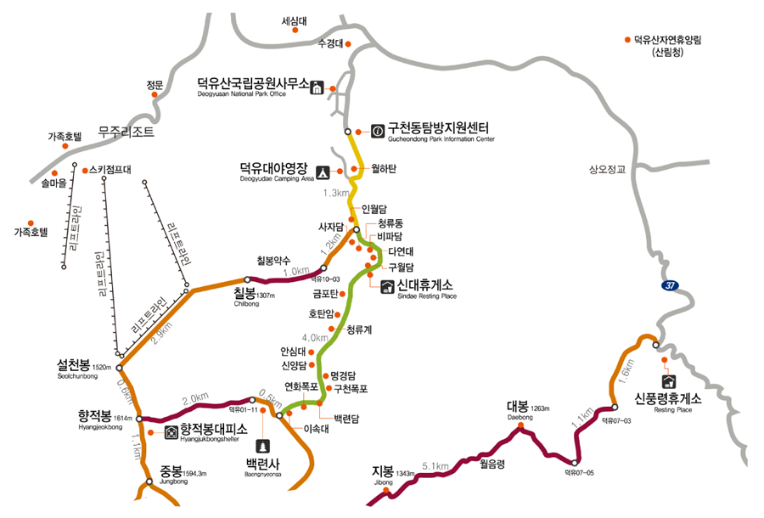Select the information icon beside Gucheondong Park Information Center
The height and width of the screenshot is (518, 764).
pos(377,131)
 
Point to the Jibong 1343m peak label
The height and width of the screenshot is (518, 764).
pos(388,473)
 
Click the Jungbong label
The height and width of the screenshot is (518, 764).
pos(177,471)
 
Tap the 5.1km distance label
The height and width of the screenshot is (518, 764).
pos(434,465)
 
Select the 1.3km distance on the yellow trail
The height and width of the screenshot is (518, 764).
pos(337,194)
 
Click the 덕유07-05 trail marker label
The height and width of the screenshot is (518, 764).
pos(581,473)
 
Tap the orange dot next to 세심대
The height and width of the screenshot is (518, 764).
pos(295,31)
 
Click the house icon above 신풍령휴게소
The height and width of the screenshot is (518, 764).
pos(668,380)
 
